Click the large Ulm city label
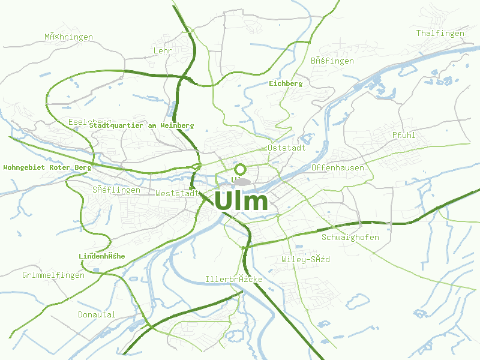coord(241,200)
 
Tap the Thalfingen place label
coord(440,34)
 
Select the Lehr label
coord(163,51)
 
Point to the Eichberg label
coord(286,83)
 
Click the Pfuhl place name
coord(404,135)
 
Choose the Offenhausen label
coord(338,167)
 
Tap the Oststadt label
coord(287,148)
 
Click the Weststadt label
coord(177,194)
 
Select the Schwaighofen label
coord(350,237)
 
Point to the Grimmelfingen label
coord(53,275)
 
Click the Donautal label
coord(97,314)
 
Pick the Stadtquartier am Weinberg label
coord(142,125)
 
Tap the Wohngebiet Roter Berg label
coord(47,167)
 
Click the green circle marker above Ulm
coord(240,169)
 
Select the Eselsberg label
coord(90,122)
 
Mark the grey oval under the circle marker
coord(241,181)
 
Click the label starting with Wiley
coord(305,260)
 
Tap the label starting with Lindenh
coord(102,256)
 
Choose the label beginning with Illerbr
coord(233,280)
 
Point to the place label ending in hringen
coord(68,37)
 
